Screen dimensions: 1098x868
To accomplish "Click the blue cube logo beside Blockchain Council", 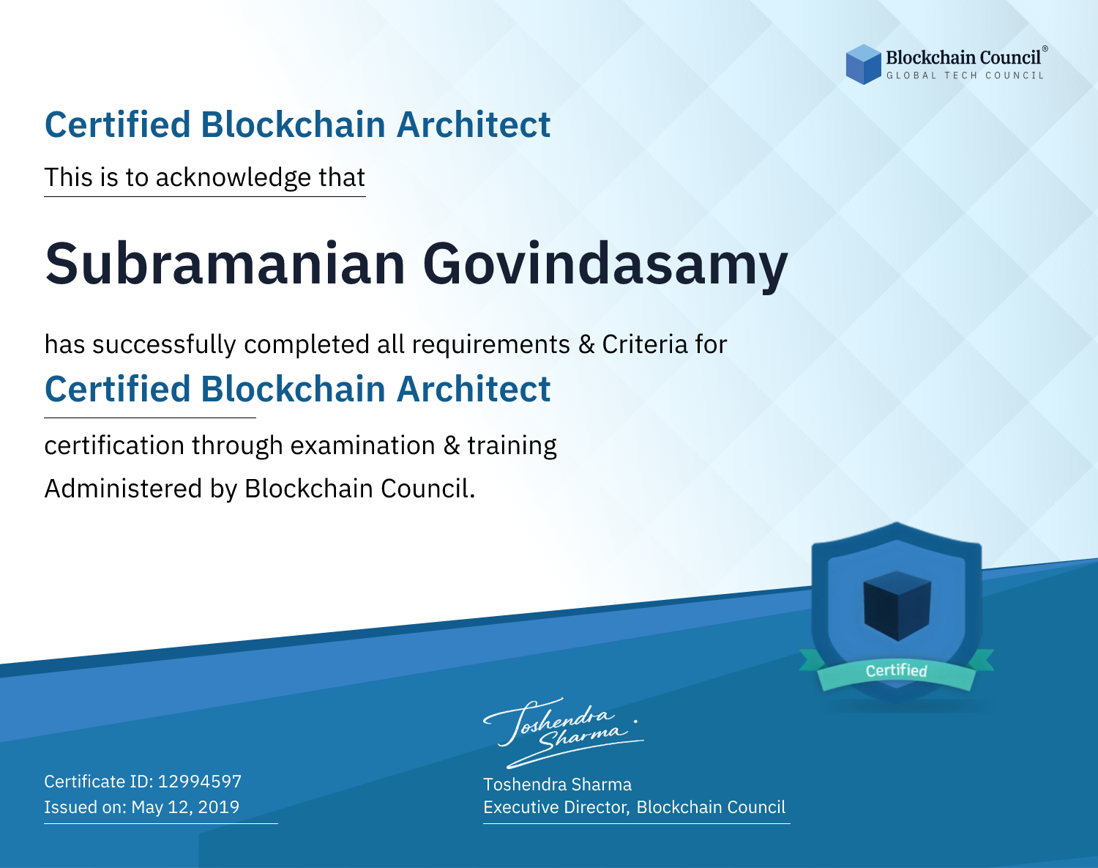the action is [x=863, y=64].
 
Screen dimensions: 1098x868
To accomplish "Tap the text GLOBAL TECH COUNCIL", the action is [x=965, y=75].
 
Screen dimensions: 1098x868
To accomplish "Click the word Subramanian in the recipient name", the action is [x=225, y=264].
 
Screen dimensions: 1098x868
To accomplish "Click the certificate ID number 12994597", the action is [x=200, y=781].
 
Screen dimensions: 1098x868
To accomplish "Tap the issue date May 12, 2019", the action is [x=185, y=807].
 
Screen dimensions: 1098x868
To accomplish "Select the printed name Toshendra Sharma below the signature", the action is [x=557, y=784].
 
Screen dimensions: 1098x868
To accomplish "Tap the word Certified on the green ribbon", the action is [x=897, y=670].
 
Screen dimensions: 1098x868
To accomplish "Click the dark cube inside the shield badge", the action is [x=897, y=606].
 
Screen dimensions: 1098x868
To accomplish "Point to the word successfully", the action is [x=164, y=345].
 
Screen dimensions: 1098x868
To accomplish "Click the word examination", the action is [x=363, y=445].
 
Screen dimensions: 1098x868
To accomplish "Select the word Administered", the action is [x=124, y=488].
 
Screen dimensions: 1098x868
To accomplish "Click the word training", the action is [x=512, y=446].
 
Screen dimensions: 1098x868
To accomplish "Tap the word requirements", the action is [x=491, y=345].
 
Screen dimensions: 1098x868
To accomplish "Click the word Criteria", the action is [x=644, y=344].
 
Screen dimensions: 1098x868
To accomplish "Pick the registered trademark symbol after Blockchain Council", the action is [x=1045, y=49].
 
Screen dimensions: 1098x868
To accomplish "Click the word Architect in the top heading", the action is [x=474, y=125].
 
